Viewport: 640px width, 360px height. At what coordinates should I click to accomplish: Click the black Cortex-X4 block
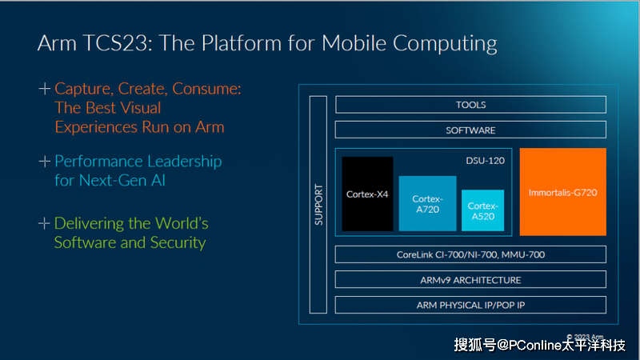pos(367,194)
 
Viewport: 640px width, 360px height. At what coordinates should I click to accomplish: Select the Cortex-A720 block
pos(427,203)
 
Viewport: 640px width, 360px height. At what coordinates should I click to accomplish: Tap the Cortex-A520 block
pos(482,210)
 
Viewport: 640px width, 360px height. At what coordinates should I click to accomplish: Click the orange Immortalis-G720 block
pos(562,192)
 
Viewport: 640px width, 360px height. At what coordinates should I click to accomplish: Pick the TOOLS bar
pos(470,105)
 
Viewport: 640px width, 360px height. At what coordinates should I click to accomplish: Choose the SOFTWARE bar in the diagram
pos(470,130)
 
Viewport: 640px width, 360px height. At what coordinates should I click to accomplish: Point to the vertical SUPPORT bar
pos(318,205)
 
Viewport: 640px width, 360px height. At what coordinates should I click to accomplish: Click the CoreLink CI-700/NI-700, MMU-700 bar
pos(470,255)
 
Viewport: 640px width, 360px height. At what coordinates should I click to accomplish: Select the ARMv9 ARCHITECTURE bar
pos(470,280)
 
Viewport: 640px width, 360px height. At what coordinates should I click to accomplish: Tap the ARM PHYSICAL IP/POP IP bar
pos(470,305)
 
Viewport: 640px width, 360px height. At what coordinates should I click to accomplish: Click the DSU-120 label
pos(485,161)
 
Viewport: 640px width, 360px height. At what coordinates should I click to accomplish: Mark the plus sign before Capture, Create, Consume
pos(45,88)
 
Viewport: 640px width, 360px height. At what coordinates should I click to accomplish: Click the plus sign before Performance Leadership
pos(45,162)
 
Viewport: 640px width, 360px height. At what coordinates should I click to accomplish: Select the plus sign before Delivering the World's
pos(45,223)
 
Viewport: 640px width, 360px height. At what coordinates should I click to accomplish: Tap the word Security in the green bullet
pos(178,242)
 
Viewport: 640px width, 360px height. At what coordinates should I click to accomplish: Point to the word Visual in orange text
pos(138,107)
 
